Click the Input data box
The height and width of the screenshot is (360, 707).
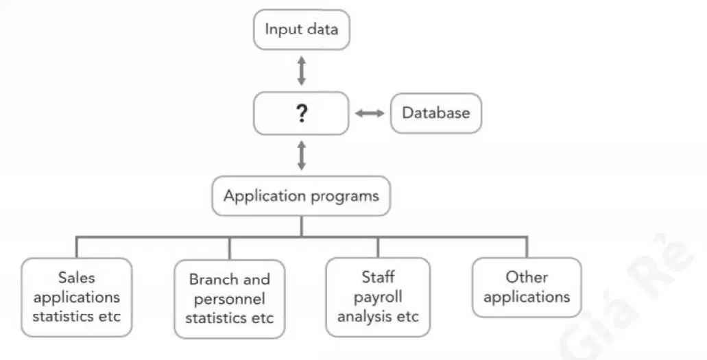pos(301,29)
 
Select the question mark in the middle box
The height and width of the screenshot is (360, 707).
pos(302,113)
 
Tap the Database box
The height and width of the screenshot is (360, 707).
pos(436,112)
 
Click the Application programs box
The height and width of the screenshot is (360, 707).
pos(301,196)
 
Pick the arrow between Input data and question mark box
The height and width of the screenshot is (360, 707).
pos(302,71)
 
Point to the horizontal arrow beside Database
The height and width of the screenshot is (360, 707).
pos(370,113)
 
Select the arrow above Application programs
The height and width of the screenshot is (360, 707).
pos(302,155)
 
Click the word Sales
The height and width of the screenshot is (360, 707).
pos(76,278)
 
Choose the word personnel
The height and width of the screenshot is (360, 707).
pos(229,300)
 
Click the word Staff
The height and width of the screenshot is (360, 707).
pos(378,276)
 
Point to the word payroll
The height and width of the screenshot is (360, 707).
pos(378,298)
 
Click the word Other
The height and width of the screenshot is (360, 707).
pos(527,276)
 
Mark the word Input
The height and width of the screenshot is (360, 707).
pos(281,29)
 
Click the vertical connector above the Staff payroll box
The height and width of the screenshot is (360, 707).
pos(378,248)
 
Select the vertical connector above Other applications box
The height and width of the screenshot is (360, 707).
pos(527,248)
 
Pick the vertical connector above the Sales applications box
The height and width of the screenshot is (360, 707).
pos(77,248)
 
